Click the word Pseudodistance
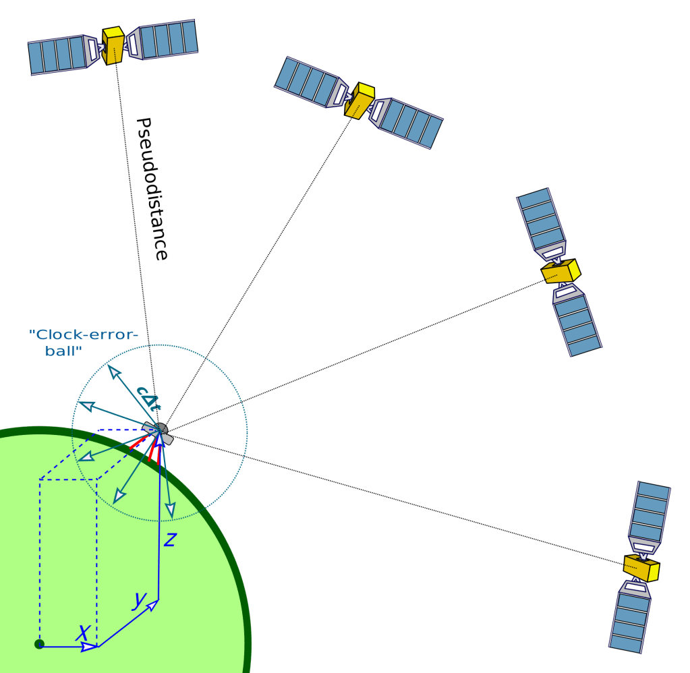(x=152, y=189)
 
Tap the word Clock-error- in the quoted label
(x=84, y=334)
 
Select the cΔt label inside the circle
(x=148, y=398)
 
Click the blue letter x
(x=82, y=633)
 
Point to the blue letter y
(x=139, y=599)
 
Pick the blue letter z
(x=170, y=539)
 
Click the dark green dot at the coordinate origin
(x=39, y=644)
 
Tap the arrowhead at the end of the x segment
(x=88, y=647)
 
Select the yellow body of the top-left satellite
(x=113, y=45)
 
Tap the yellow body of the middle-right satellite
(x=560, y=271)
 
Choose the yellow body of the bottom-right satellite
(x=641, y=568)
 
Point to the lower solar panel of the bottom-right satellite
(x=630, y=620)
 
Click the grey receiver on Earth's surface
(x=159, y=432)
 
